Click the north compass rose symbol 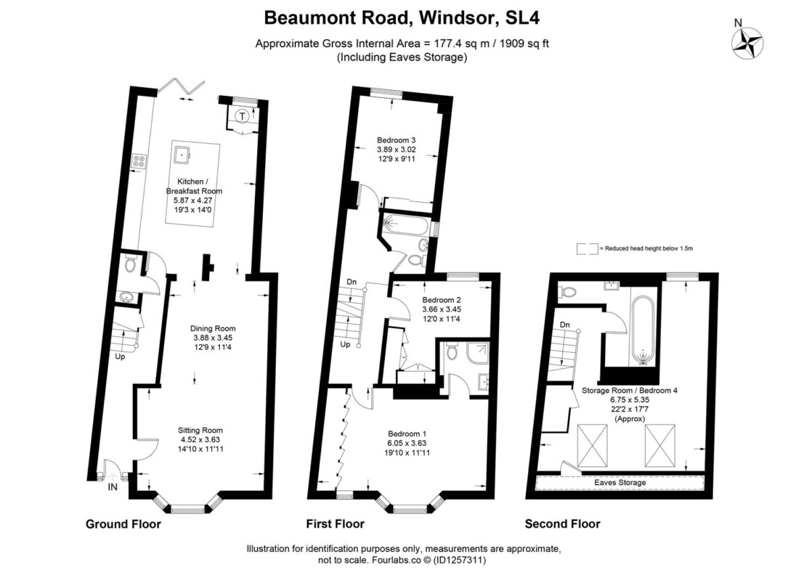pyautogui.click(x=747, y=43)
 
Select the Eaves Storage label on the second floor pyautogui.click(x=620, y=482)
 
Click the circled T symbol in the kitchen pyautogui.click(x=243, y=116)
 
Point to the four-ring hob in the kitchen pyautogui.click(x=139, y=161)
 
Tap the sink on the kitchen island pyautogui.click(x=182, y=154)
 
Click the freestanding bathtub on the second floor pyautogui.click(x=643, y=330)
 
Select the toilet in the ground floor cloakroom pyautogui.click(x=130, y=264)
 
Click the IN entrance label pyautogui.click(x=113, y=487)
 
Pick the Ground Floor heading pyautogui.click(x=123, y=524)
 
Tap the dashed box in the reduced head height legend pyautogui.click(x=587, y=248)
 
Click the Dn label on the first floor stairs pyautogui.click(x=352, y=282)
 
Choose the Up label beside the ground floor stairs pyautogui.click(x=119, y=357)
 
